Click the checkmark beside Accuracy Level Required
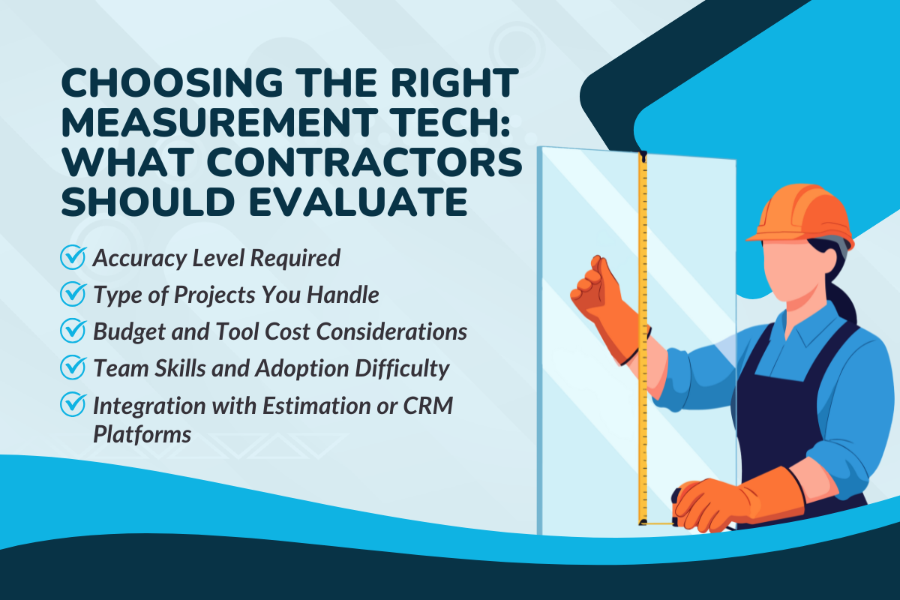(73, 258)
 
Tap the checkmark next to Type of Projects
(73, 295)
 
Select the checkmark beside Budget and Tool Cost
(73, 331)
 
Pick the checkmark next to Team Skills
(73, 368)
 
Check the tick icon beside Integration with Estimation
(73, 405)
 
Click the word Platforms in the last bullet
(142, 434)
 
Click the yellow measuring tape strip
(643, 337)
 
